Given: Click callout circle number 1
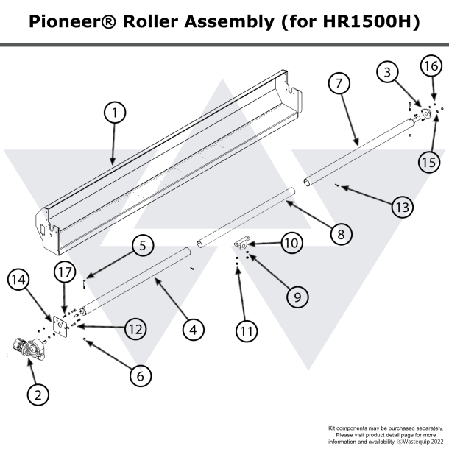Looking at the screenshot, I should (x=114, y=113).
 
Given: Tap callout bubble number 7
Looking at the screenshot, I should (x=338, y=84).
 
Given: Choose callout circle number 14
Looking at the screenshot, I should (x=20, y=279).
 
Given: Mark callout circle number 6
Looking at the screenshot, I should (x=141, y=374).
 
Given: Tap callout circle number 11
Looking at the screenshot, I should (x=246, y=331).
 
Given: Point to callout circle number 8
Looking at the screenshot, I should (x=339, y=234).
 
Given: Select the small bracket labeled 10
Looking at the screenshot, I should (x=241, y=244).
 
